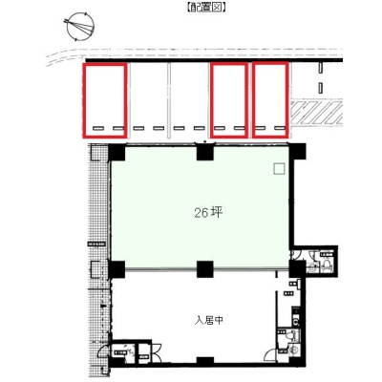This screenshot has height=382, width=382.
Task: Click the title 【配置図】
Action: (206, 8)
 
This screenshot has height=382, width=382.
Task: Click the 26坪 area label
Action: (208, 213)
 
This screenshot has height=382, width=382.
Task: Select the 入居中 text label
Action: (209, 320)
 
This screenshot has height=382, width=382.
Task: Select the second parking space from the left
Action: (149, 100)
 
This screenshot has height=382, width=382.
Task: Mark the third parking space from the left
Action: (189, 100)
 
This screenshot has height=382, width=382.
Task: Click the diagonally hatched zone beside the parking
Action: (317, 113)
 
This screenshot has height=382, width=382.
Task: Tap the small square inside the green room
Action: (279, 168)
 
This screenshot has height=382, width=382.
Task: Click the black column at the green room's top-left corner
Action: (117, 152)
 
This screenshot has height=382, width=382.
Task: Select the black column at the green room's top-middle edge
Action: (205, 152)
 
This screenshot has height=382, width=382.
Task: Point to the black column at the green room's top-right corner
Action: (297, 152)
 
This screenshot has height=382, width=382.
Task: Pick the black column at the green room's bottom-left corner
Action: (117, 269)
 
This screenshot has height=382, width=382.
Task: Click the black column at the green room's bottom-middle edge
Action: (205, 269)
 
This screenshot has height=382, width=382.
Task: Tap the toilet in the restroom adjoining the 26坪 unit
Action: (327, 265)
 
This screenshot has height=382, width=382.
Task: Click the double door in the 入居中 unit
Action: (157, 352)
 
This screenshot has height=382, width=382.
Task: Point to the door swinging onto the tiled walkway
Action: (103, 352)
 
